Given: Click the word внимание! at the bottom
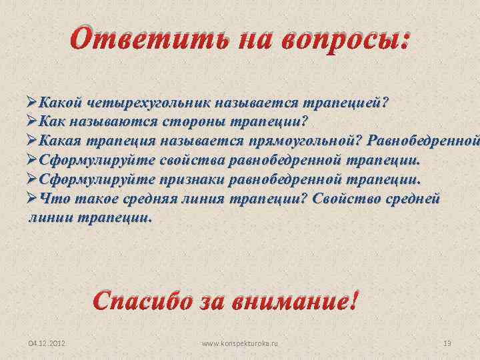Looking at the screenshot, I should click(293, 301).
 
